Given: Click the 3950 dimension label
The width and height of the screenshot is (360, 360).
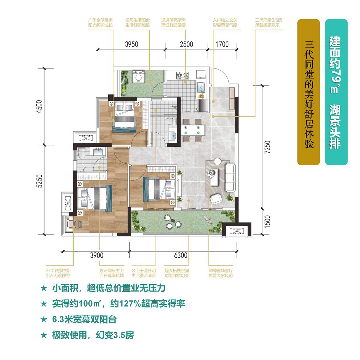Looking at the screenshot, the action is coord(132,44).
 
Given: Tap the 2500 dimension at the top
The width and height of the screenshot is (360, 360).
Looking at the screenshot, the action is coord(186,44).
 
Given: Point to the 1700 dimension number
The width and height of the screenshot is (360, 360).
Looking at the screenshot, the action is coord(222,44).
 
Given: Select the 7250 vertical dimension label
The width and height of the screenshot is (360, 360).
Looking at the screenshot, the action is coord(267,147).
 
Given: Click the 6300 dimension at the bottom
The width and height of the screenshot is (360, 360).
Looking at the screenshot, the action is coord(181,255).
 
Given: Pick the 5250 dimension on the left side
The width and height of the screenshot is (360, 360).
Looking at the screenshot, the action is coord(40,181).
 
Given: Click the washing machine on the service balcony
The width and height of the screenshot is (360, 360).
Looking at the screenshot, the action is coord(138,76).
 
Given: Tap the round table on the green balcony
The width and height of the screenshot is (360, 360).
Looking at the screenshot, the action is coord(174,220).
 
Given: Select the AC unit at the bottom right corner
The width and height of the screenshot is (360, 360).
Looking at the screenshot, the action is coord(237,231).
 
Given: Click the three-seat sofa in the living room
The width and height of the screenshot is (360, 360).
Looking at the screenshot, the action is coord(230,178).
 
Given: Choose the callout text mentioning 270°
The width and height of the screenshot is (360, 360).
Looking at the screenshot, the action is coord(58,273).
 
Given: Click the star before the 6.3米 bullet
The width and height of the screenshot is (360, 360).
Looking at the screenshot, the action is coord(44,319).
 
